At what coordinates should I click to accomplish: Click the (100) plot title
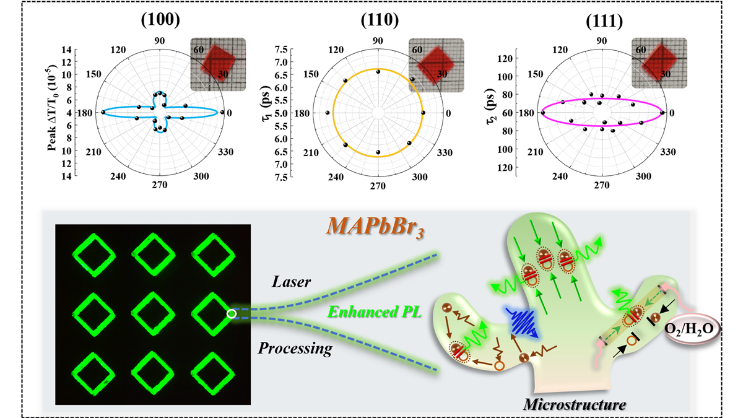tap(160, 19)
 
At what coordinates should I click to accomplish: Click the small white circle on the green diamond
tap(231, 314)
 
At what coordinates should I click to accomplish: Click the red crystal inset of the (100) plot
tap(219, 64)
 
